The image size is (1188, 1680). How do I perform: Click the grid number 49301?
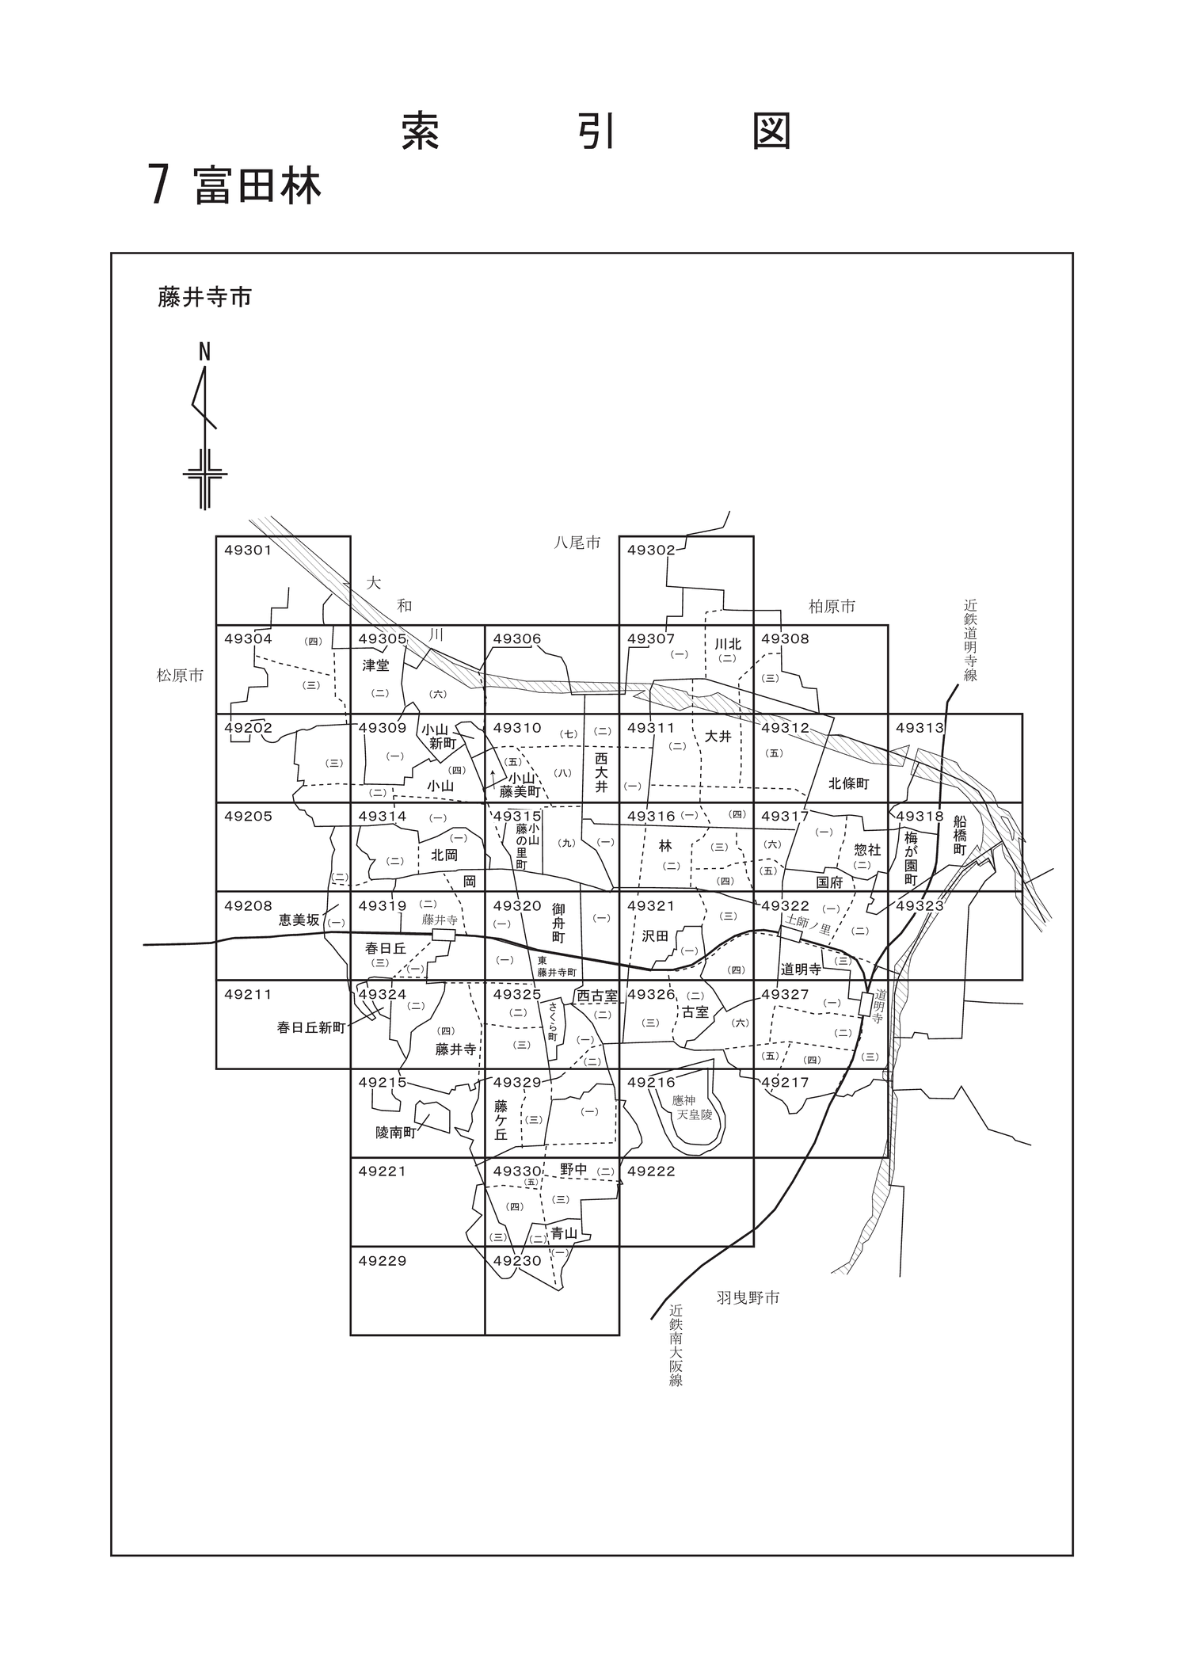[248, 550]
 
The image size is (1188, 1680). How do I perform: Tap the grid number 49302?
[651, 550]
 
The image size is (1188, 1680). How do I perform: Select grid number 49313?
[920, 728]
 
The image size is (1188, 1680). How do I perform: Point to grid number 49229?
[382, 1260]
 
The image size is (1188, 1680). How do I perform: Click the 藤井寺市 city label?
[205, 298]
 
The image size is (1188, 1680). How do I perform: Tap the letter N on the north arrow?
[204, 352]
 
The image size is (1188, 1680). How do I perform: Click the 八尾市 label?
[577, 543]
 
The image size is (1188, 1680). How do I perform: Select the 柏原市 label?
[832, 607]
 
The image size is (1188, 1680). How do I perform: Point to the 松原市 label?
[180, 676]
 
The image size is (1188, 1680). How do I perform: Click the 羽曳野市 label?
[748, 1297]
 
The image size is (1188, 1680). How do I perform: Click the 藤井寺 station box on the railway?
[444, 935]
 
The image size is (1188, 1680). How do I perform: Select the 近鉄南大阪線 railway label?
[675, 1346]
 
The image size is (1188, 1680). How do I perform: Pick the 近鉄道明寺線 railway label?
[970, 639]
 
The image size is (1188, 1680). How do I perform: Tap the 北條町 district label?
[849, 783]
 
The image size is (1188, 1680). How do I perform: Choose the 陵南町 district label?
[395, 1133]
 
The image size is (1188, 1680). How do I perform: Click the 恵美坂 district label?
[299, 920]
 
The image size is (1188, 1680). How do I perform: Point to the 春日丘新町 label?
[311, 1027]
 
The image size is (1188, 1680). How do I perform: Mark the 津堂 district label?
[375, 666]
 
